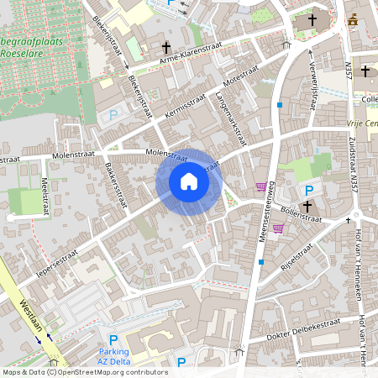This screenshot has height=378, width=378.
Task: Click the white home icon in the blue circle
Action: pyautogui.click(x=189, y=181)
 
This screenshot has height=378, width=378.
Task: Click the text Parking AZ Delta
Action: pyautogui.click(x=113, y=356)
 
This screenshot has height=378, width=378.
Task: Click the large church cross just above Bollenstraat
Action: pyautogui.click(x=307, y=206)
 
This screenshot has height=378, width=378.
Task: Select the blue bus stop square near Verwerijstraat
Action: pyautogui.click(x=279, y=104)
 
